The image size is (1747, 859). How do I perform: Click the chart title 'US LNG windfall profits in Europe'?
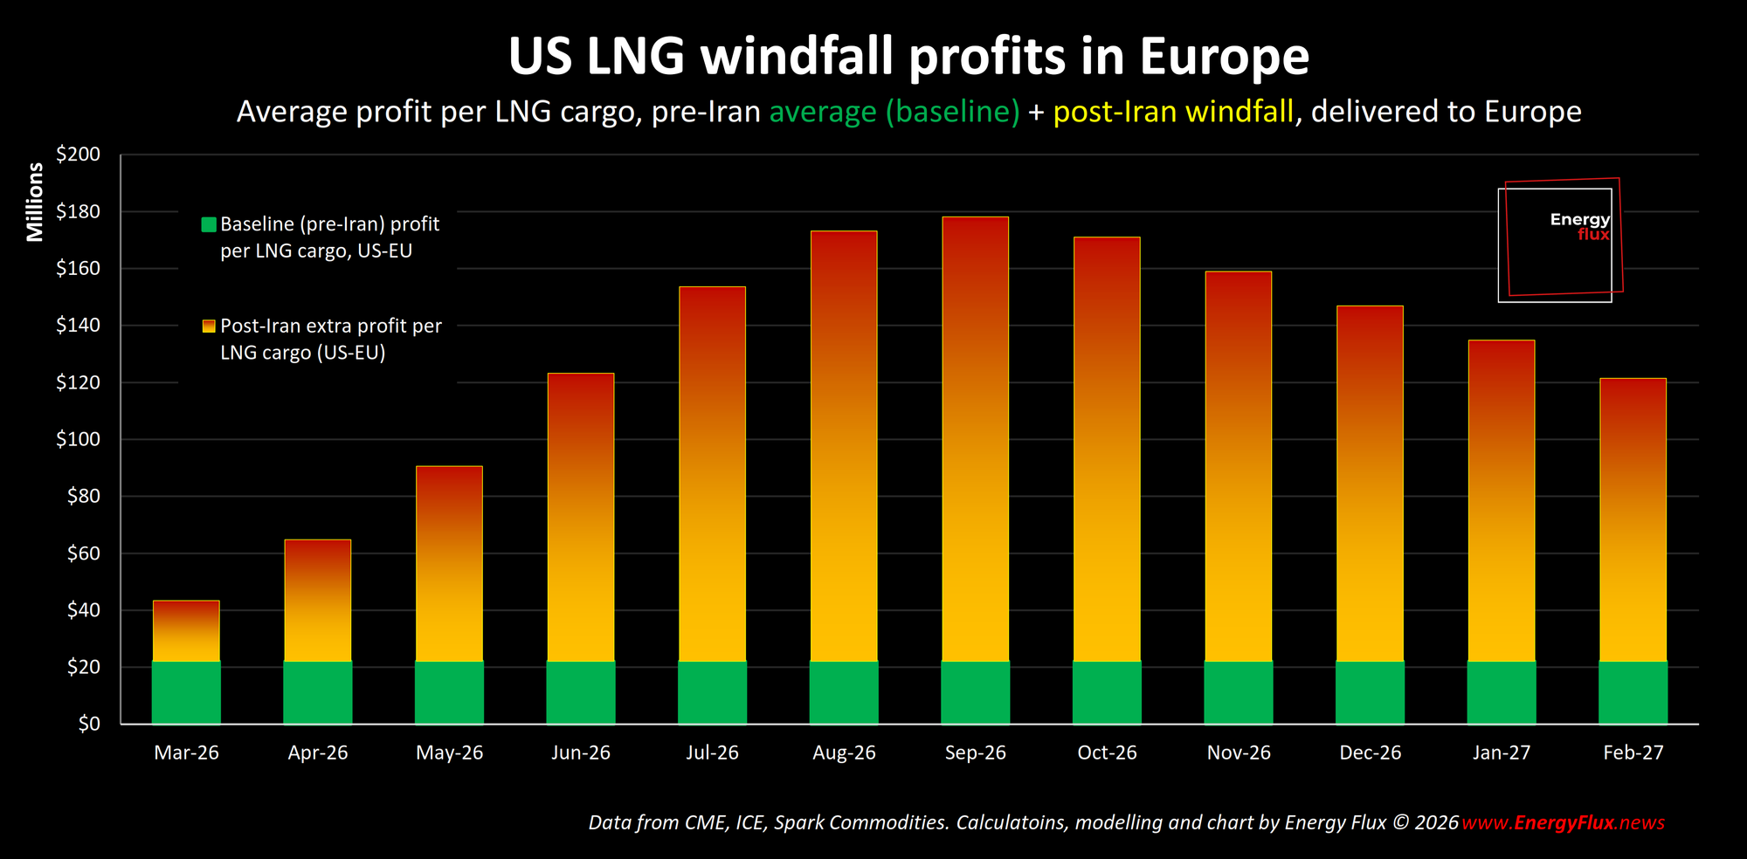tap(908, 57)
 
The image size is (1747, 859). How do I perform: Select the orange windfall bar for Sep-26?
tap(975, 436)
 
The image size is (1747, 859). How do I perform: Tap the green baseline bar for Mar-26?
tap(186, 692)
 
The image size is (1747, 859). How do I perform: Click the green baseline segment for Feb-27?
tap(1633, 692)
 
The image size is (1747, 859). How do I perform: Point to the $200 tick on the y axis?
tap(79, 155)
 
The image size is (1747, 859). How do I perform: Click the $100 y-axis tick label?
tap(79, 439)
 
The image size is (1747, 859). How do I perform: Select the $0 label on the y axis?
tap(89, 724)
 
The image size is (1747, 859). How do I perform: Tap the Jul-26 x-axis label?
tap(712, 752)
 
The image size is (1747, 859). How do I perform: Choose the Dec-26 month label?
tap(1370, 752)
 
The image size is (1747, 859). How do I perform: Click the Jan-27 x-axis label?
tap(1502, 752)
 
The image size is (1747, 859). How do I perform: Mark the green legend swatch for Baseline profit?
tap(209, 224)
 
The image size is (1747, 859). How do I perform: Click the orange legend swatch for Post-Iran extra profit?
tap(209, 326)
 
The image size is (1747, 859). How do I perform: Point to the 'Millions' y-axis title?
tap(35, 202)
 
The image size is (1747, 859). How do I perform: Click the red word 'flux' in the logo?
tap(1593, 234)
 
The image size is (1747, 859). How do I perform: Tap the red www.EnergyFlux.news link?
tap(1563, 822)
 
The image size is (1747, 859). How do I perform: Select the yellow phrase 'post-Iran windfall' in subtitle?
tap(1173, 112)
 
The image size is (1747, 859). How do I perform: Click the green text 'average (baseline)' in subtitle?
tap(894, 112)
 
